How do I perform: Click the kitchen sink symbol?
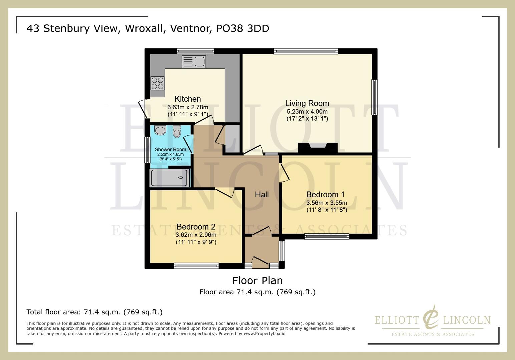pyautogui.click(x=194, y=62)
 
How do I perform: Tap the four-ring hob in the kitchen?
pyautogui.click(x=157, y=83)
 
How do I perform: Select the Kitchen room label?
pyautogui.click(x=188, y=99)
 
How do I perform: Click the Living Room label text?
pyautogui.click(x=307, y=103)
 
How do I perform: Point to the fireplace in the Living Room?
pyautogui.click(x=318, y=147)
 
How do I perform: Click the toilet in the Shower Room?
pyautogui.click(x=177, y=132)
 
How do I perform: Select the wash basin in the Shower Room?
pyautogui.click(x=160, y=130)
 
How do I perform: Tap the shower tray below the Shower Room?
pyautogui.click(x=170, y=178)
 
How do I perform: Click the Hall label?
pyautogui.click(x=262, y=195)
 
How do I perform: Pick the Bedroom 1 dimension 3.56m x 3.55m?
pyautogui.click(x=327, y=203)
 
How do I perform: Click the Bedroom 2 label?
pyautogui.click(x=196, y=227)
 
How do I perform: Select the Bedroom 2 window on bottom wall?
pyautogui.click(x=196, y=266)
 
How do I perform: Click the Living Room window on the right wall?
pyautogui.click(x=374, y=97)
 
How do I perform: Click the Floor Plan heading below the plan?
pyautogui.click(x=257, y=281)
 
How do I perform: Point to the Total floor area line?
pyautogui.click(x=94, y=312)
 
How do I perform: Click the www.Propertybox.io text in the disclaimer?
pyautogui.click(x=264, y=333)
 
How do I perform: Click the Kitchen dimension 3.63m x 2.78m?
pyautogui.click(x=188, y=107)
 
